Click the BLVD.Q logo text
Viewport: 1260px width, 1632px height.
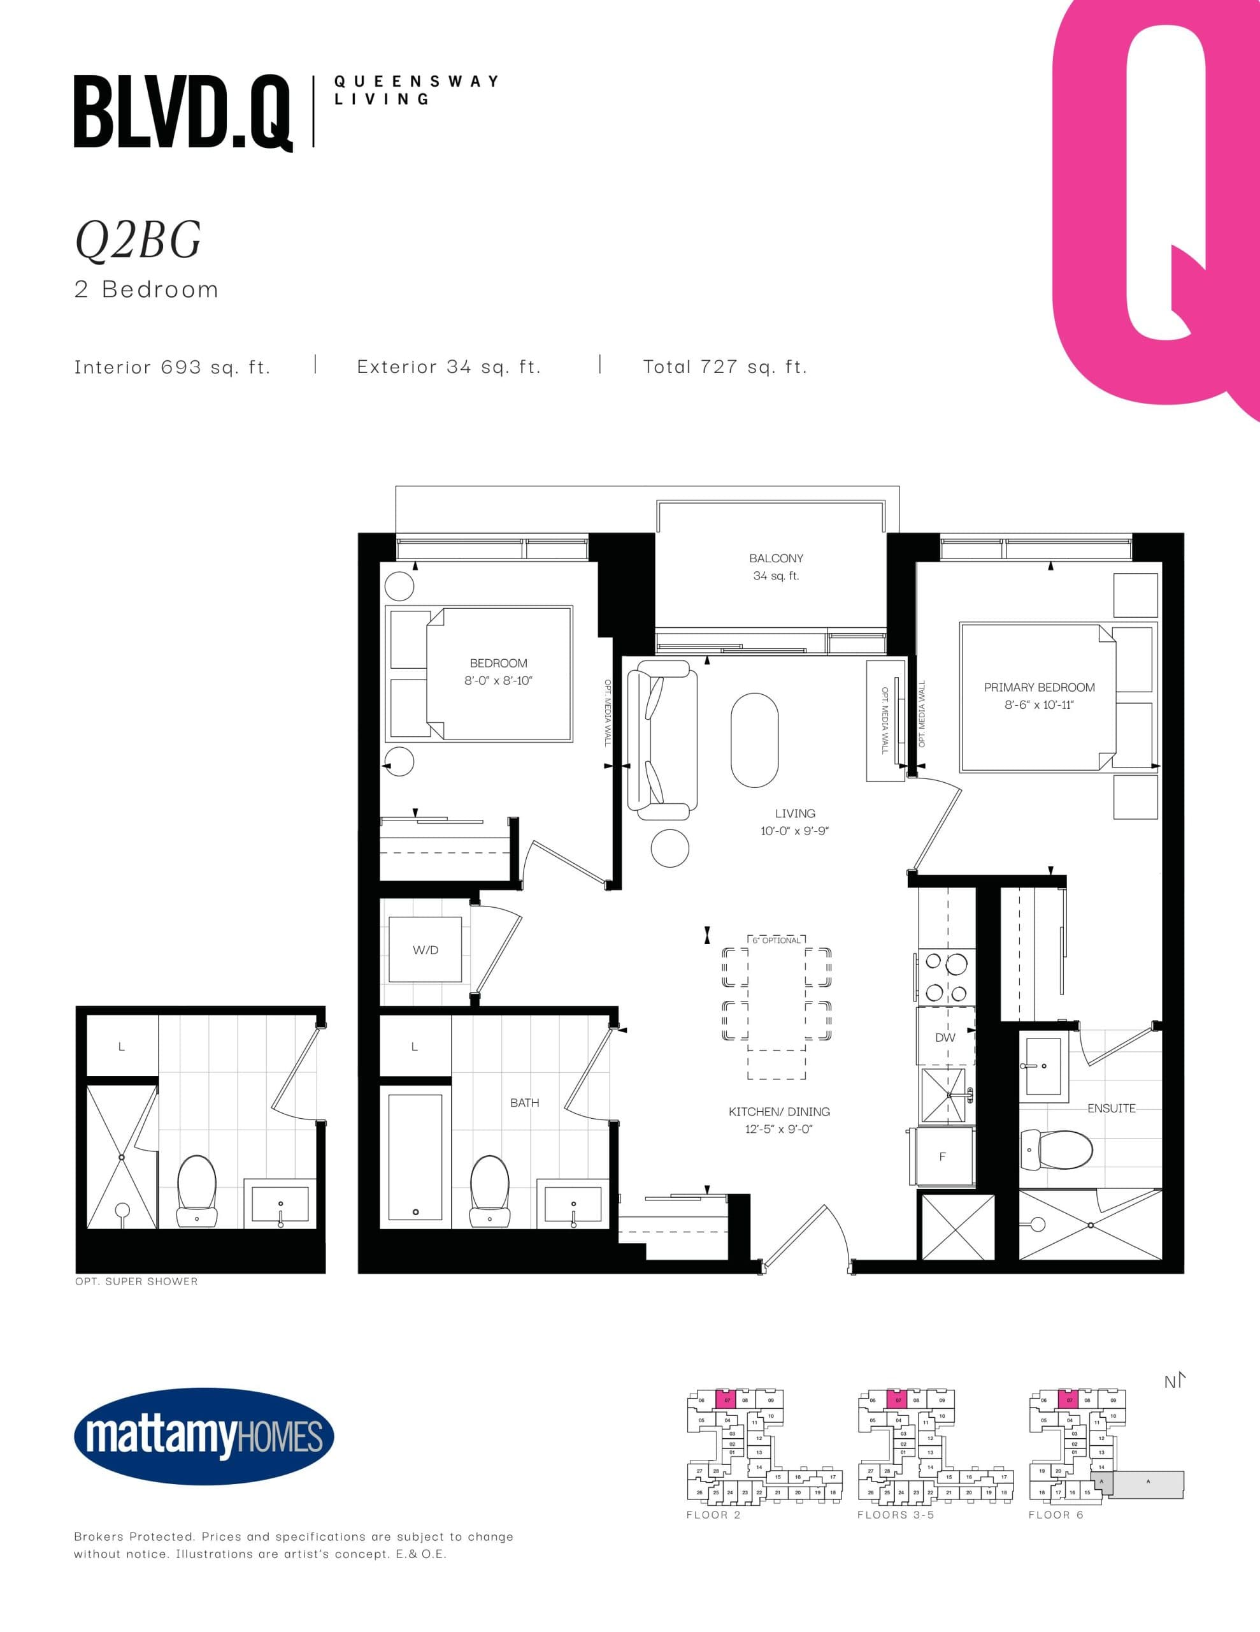182,113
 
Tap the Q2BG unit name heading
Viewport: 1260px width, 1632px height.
138,240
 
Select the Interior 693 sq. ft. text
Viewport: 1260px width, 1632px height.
173,367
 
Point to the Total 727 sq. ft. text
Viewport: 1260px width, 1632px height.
724,367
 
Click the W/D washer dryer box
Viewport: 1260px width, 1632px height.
425,950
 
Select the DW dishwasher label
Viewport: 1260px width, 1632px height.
945,1037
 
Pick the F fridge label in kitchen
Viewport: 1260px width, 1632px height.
943,1157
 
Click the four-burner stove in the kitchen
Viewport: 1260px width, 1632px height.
945,977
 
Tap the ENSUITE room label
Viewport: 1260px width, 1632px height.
1111,1108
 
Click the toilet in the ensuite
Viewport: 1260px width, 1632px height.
1057,1150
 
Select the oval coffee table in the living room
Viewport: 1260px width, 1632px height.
754,739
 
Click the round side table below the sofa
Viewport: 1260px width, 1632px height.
670,848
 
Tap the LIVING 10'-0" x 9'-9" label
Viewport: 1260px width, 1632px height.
795,822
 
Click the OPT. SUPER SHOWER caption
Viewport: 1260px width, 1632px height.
137,1281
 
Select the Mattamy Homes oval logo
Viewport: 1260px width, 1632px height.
204,1436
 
